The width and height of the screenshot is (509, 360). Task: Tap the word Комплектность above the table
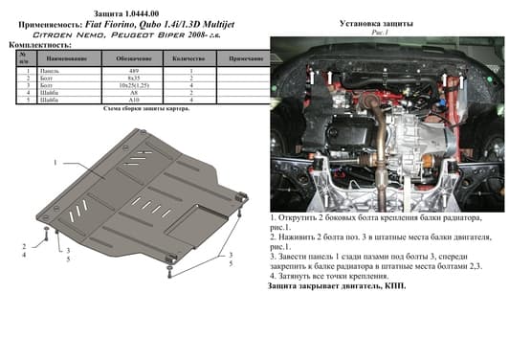[x=37, y=44]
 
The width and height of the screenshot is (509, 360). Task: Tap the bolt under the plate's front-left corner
[x=46, y=236]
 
